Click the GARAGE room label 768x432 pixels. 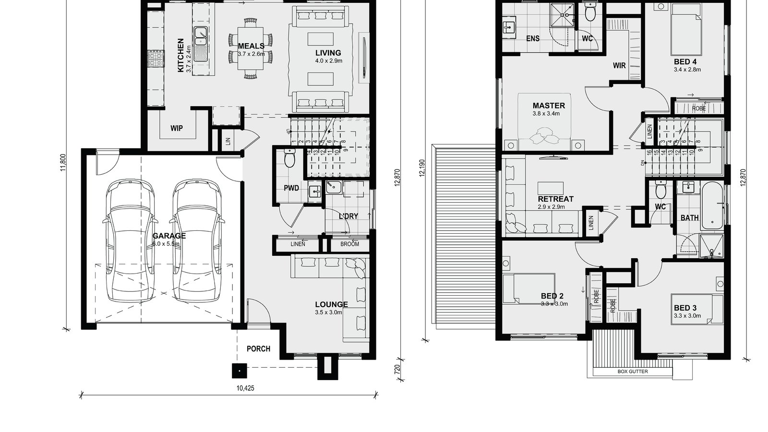pyautogui.click(x=169, y=236)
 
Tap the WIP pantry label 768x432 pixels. pyautogui.click(x=176, y=129)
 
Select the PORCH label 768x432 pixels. pyautogui.click(x=258, y=349)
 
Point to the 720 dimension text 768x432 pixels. pyautogui.click(x=397, y=370)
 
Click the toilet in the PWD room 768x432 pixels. pyautogui.click(x=289, y=159)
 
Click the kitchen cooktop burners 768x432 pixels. pyautogui.click(x=156, y=60)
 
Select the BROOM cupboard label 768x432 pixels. pyautogui.click(x=349, y=244)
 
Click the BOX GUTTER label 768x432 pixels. pyautogui.click(x=632, y=372)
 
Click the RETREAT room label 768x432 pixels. pyautogui.click(x=555, y=199)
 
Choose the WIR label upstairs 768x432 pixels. pyautogui.click(x=619, y=65)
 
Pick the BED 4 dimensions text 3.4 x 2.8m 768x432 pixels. pyautogui.click(x=687, y=70)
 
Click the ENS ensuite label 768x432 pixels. pyautogui.click(x=532, y=38)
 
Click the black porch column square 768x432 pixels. pyautogui.click(x=239, y=370)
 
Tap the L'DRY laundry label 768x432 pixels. pyautogui.click(x=348, y=216)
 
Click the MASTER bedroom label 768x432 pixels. pyautogui.click(x=549, y=106)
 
